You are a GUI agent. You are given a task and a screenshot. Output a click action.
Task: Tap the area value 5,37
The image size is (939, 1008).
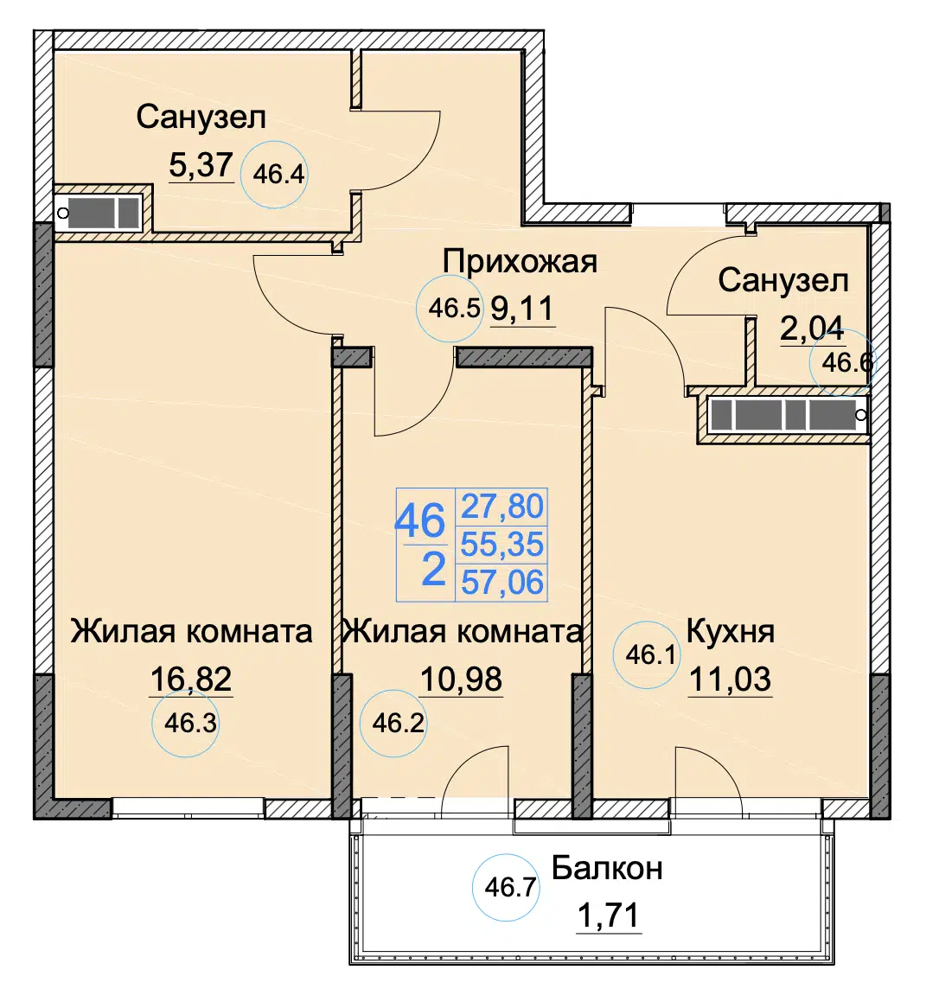coord(201,164)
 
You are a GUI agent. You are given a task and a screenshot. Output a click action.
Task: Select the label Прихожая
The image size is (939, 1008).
coord(520,262)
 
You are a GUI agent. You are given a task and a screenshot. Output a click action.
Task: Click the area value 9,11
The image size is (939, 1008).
coord(522,309)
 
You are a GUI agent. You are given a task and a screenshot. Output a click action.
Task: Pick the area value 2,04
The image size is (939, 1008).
coord(812,329)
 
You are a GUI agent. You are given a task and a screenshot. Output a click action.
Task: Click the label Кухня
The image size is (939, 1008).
coord(730,631)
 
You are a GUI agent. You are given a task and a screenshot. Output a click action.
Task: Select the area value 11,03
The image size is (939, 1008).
coord(730,679)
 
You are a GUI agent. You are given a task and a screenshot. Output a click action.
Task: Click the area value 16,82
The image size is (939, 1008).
coord(191,679)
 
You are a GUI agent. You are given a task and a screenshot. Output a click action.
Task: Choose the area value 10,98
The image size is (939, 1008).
coord(461,679)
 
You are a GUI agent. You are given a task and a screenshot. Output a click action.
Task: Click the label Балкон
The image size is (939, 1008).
coord(607,869)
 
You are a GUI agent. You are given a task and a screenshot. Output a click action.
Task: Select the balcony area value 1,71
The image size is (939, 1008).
coord(609,915)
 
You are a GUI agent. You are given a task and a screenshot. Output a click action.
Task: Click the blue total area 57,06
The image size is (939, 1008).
coord(502,583)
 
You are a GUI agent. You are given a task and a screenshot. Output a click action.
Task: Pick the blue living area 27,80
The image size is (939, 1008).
coord(502,507)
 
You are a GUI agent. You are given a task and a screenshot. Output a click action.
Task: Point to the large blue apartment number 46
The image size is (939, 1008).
coord(419,520)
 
